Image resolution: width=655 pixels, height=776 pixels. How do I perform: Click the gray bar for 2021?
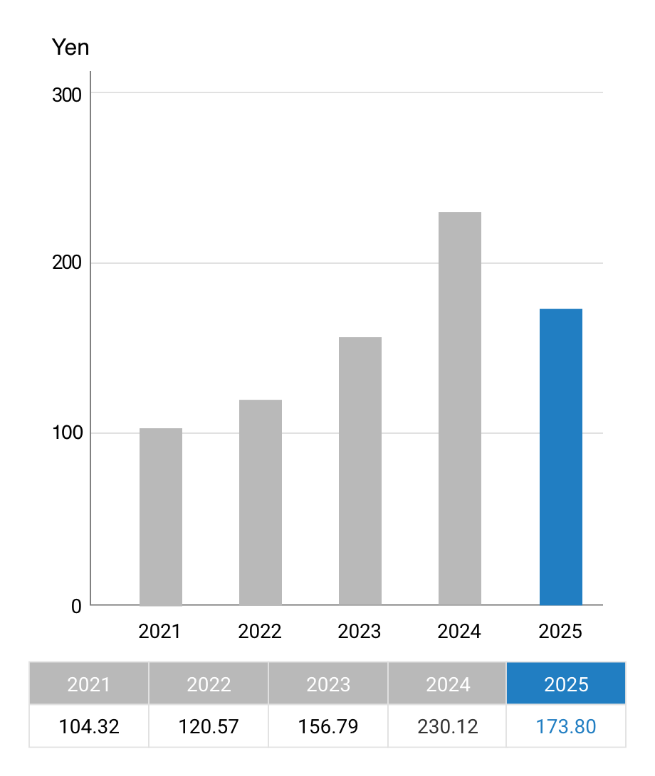click(x=161, y=517)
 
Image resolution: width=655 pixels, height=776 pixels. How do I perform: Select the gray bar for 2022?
click(x=261, y=503)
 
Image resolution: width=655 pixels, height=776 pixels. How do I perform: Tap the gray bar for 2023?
click(x=360, y=472)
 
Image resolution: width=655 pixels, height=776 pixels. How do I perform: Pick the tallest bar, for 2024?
click(x=460, y=409)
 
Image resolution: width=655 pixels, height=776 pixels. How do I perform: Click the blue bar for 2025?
click(x=561, y=457)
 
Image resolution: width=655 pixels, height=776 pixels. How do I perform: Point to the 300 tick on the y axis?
click(x=67, y=95)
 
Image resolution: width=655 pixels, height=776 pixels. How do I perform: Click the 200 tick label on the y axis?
click(x=67, y=263)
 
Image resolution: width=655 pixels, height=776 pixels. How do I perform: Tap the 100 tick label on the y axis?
click(x=67, y=433)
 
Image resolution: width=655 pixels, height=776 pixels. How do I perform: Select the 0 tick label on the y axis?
click(x=76, y=607)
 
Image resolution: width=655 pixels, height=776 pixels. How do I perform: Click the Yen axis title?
click(x=71, y=48)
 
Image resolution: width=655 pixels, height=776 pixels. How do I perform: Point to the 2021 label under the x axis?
click(x=160, y=632)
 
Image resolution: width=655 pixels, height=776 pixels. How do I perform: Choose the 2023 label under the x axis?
click(x=360, y=632)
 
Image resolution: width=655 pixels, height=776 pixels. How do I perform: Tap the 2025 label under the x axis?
click(x=560, y=632)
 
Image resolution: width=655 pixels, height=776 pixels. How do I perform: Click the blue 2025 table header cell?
click(x=566, y=684)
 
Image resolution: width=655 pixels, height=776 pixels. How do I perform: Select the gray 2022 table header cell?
click(x=209, y=684)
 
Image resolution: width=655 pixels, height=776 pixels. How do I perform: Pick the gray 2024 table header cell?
click(x=448, y=684)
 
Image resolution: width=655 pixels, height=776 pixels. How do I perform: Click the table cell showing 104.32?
click(x=89, y=727)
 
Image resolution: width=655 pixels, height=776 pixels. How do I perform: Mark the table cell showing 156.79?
click(x=328, y=727)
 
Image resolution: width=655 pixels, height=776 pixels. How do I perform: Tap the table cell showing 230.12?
click(x=448, y=727)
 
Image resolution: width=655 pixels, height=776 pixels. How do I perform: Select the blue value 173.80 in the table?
click(x=566, y=727)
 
